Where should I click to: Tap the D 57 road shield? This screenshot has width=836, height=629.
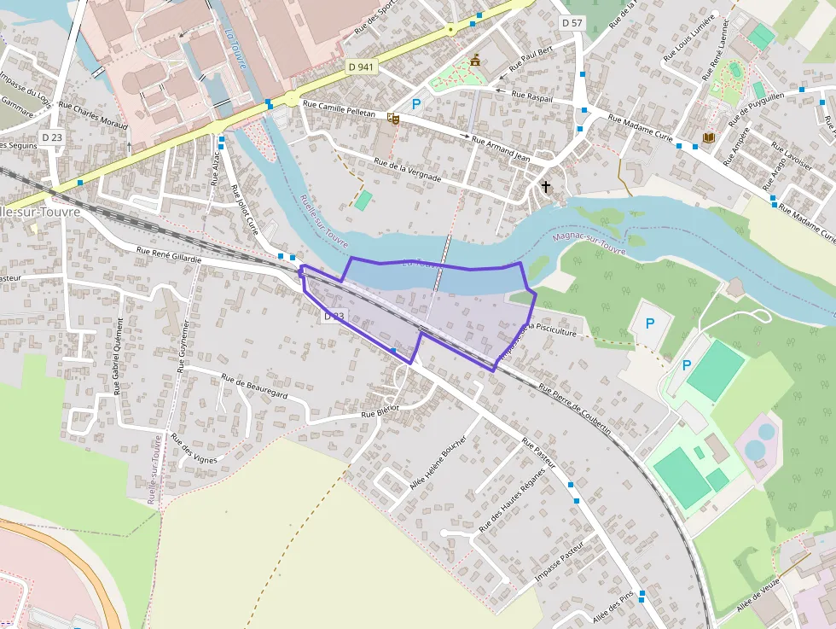click(x=572, y=22)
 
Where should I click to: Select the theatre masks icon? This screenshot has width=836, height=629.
click(x=393, y=118)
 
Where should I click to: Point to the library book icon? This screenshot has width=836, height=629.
click(x=708, y=137)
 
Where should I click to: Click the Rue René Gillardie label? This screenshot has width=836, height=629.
click(x=169, y=254)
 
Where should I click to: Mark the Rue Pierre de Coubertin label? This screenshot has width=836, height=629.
click(x=575, y=409)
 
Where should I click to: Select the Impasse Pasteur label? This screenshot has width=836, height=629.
click(x=559, y=562)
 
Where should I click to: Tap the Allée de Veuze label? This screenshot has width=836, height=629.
click(x=758, y=595)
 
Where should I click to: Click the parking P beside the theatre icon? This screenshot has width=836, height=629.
click(x=416, y=104)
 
